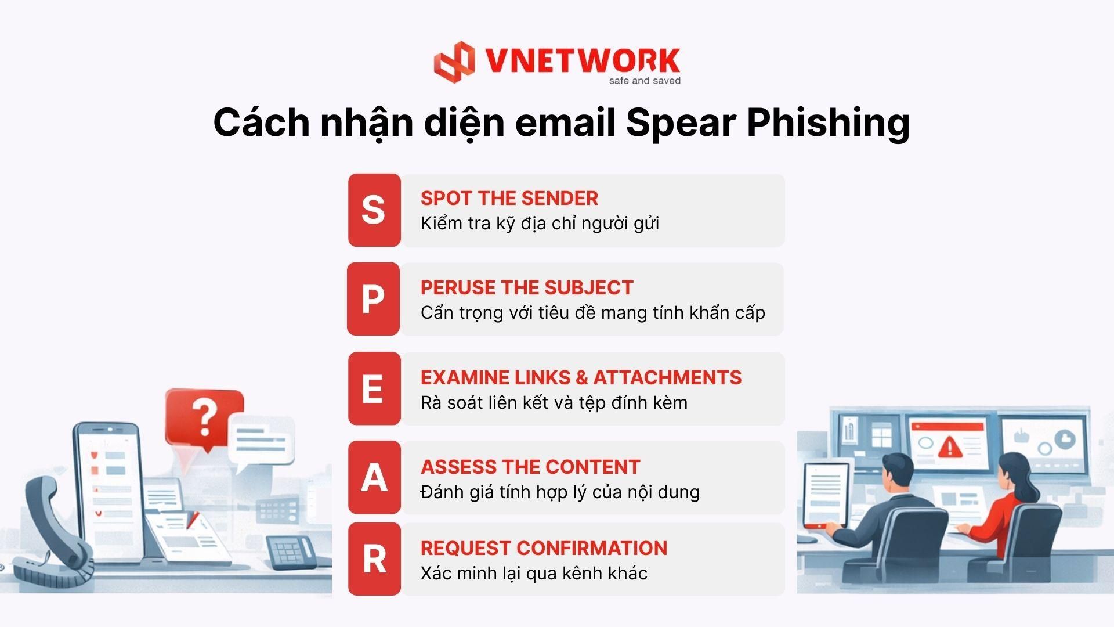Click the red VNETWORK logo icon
click(x=454, y=62)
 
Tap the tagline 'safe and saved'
click(x=645, y=81)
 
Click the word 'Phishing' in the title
click(x=828, y=124)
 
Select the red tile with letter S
click(x=374, y=210)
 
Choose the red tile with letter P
click(x=373, y=299)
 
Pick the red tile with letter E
click(x=374, y=388)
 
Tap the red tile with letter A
click(x=374, y=477)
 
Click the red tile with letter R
click(x=374, y=559)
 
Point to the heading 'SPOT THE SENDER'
click(x=509, y=199)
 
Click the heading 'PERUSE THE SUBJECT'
click(x=527, y=288)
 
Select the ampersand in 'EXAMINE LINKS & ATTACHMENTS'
click(x=581, y=378)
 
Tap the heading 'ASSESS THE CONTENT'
click(x=530, y=467)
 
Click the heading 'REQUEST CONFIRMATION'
click(x=544, y=549)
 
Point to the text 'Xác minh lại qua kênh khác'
click(x=534, y=574)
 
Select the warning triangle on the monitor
click(x=949, y=446)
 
